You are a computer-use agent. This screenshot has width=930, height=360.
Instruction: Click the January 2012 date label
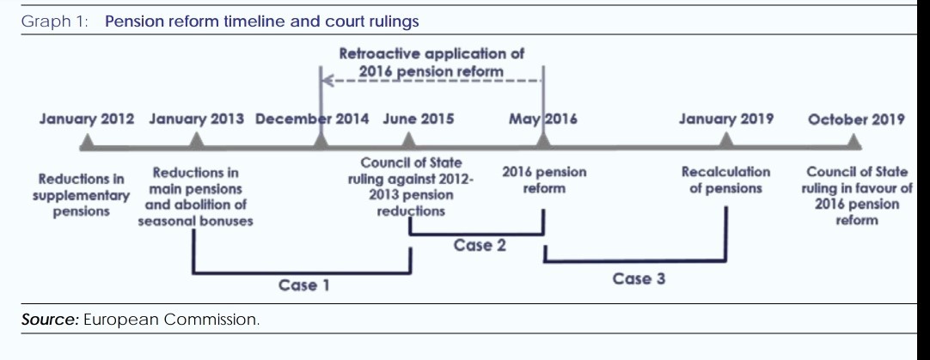tap(87, 119)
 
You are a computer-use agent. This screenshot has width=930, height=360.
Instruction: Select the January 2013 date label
tap(196, 119)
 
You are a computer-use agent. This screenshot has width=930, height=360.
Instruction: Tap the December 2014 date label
tap(313, 119)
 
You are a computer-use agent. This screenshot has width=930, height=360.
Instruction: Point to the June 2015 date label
tap(418, 119)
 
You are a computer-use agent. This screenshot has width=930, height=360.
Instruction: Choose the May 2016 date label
tap(542, 119)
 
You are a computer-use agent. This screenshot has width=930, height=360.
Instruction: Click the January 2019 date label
tap(726, 119)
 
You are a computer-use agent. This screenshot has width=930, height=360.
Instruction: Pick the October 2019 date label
tap(856, 119)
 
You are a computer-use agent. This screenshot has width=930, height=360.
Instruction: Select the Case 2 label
tap(480, 246)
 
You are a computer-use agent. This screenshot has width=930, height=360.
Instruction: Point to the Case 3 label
tap(639, 278)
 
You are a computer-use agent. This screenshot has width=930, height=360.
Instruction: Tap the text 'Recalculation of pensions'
tap(726, 180)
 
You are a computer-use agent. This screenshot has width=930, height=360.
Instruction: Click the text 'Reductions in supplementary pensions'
tap(82, 195)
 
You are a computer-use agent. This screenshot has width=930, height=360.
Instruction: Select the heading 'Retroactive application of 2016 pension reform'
tap(431, 62)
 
